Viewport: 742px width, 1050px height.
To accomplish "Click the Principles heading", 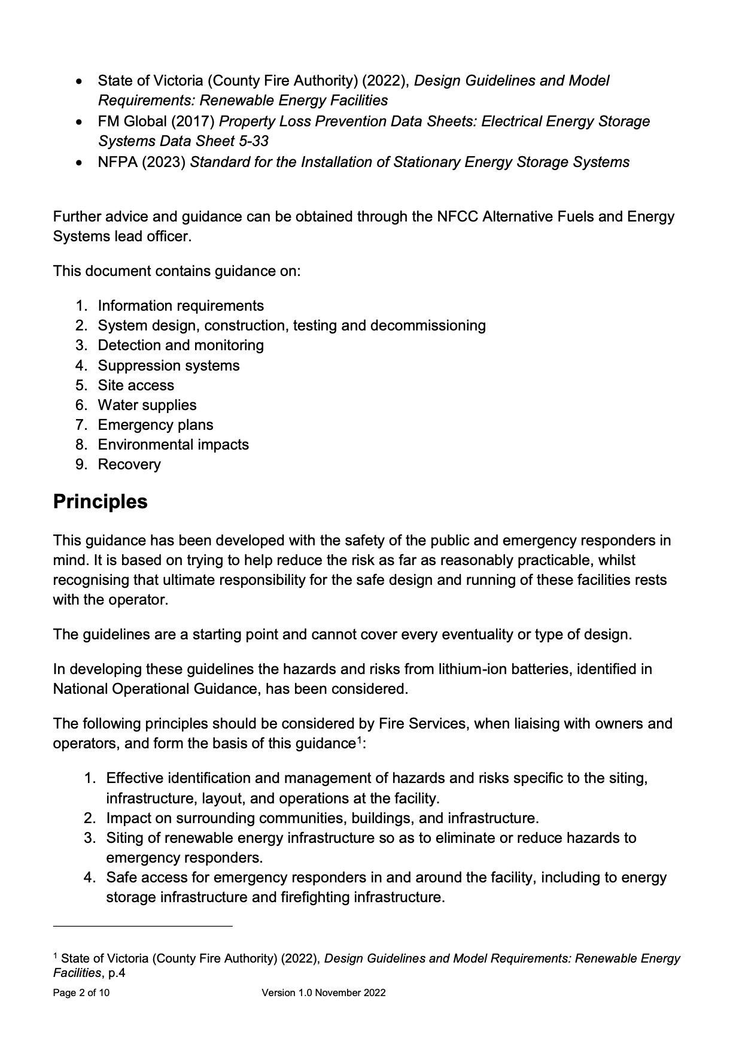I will pos(100,502).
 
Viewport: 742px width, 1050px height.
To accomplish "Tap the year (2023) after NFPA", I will pos(163,162).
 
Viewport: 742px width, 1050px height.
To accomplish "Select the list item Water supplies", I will pos(147,405).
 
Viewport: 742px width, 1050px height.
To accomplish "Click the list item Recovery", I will pos(129,465).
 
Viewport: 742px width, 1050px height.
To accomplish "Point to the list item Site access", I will pos(136,386).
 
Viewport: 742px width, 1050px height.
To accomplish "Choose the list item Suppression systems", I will pos(168,366).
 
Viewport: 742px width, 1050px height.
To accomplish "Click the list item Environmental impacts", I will pos(173,445).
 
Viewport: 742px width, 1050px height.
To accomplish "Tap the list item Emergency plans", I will pos(155,425).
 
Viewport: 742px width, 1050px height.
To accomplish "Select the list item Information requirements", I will pos(180,306).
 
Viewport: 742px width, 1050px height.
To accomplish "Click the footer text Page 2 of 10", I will pos(81,993).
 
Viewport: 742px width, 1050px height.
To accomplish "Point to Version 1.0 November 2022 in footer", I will pos(323,993).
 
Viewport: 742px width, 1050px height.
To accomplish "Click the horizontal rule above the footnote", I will pos(142,926).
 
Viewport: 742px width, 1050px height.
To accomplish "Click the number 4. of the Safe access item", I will pos(90,878).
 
